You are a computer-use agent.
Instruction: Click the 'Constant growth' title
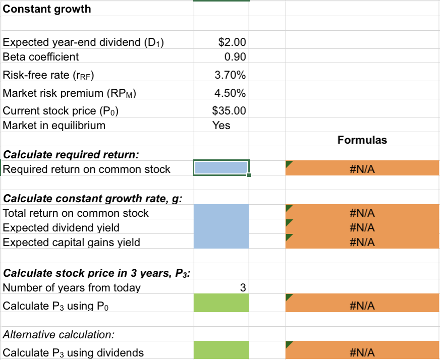click(47, 9)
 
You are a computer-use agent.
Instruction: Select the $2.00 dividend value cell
click(222, 42)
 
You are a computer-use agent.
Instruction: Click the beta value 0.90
click(222, 57)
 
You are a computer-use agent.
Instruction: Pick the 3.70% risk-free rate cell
click(222, 76)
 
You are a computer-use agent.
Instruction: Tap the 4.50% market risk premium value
click(222, 93)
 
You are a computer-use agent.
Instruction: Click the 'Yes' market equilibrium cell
click(222, 126)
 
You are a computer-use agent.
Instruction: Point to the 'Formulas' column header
click(362, 140)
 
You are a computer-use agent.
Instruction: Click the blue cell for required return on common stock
click(221, 168)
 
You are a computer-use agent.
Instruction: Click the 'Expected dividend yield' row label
click(61, 228)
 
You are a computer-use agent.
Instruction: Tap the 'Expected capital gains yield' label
click(71, 243)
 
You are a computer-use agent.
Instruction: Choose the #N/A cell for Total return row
click(362, 213)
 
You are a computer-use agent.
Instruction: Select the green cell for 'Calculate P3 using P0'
click(221, 304)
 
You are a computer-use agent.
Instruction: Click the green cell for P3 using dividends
click(221, 351)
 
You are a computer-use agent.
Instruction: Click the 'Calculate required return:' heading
click(71, 154)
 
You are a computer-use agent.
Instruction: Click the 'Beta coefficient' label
click(41, 57)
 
